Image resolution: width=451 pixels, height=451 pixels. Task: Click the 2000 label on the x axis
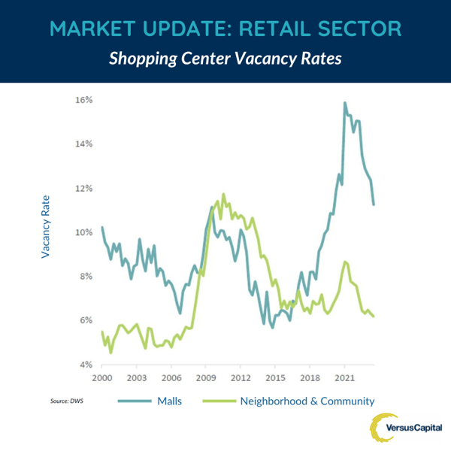102,377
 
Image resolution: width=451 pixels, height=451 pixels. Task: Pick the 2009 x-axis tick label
206,377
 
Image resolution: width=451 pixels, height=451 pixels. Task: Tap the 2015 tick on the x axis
275,377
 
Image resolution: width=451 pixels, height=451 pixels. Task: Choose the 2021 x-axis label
344,377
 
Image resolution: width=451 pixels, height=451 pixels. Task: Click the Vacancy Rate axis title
46,227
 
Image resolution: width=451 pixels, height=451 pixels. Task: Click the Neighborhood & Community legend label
307,401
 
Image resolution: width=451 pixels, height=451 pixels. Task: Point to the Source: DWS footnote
66,402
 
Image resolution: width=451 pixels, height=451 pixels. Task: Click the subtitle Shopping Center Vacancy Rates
225,59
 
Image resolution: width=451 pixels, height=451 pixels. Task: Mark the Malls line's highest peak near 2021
345,103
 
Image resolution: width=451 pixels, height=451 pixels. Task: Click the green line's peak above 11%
223,194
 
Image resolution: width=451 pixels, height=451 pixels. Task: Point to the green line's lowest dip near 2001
110,352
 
